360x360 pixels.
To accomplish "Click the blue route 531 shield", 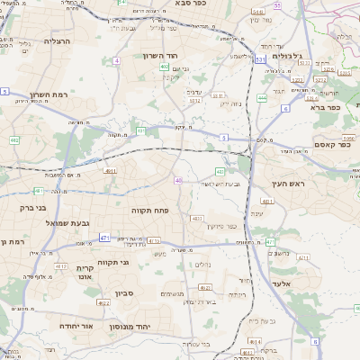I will (260, 59).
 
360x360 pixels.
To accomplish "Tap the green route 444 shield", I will (262, 97).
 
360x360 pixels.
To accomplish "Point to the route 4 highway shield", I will (117, 60).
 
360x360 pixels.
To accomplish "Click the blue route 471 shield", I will (104, 238).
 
